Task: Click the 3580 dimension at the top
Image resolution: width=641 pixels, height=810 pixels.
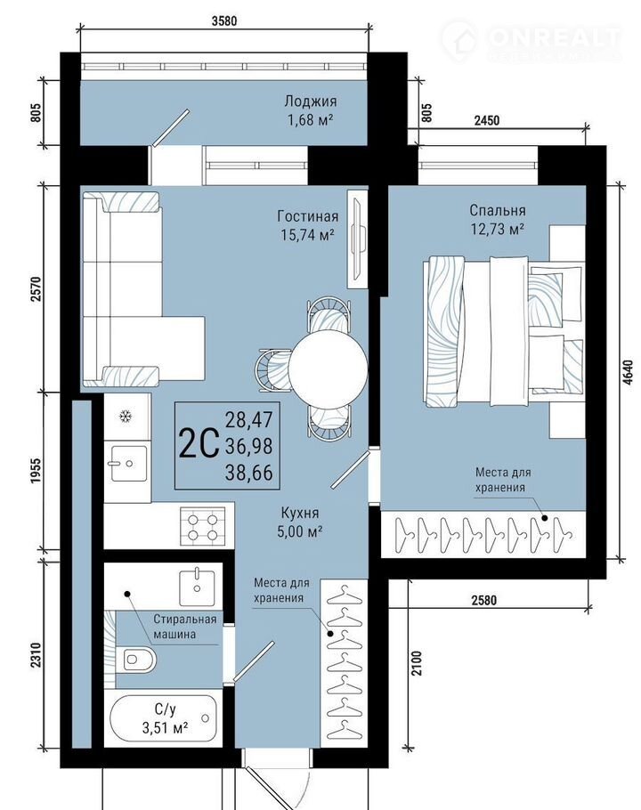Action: pyautogui.click(x=224, y=20)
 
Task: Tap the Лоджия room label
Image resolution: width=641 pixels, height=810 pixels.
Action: pyautogui.click(x=311, y=101)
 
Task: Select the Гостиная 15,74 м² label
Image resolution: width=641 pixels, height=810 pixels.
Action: pyautogui.click(x=308, y=225)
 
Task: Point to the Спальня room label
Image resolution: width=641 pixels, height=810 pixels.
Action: pyautogui.click(x=498, y=210)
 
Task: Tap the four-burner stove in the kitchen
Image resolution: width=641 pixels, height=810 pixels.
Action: pyautogui.click(x=202, y=526)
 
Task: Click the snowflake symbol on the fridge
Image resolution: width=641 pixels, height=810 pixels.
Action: pyautogui.click(x=125, y=416)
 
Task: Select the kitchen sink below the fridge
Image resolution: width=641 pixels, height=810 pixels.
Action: pyautogui.click(x=128, y=464)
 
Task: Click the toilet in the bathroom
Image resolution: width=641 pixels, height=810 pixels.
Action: pyautogui.click(x=136, y=660)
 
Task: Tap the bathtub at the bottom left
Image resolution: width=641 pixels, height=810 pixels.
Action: pyautogui.click(x=162, y=718)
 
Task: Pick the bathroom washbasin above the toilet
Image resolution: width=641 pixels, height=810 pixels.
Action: pyautogui.click(x=197, y=587)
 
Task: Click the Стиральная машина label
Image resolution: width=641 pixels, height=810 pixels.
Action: pyautogui.click(x=184, y=627)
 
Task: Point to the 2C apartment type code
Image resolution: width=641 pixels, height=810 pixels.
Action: pyautogui.click(x=199, y=445)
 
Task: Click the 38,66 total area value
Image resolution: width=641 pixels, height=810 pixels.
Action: pyautogui.click(x=248, y=473)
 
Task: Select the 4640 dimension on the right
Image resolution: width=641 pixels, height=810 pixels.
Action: pyautogui.click(x=627, y=372)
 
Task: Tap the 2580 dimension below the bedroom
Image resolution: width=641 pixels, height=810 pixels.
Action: pyautogui.click(x=484, y=600)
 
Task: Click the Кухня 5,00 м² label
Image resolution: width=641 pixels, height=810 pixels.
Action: pyautogui.click(x=300, y=522)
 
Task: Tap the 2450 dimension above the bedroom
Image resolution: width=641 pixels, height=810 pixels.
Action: pyautogui.click(x=487, y=120)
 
